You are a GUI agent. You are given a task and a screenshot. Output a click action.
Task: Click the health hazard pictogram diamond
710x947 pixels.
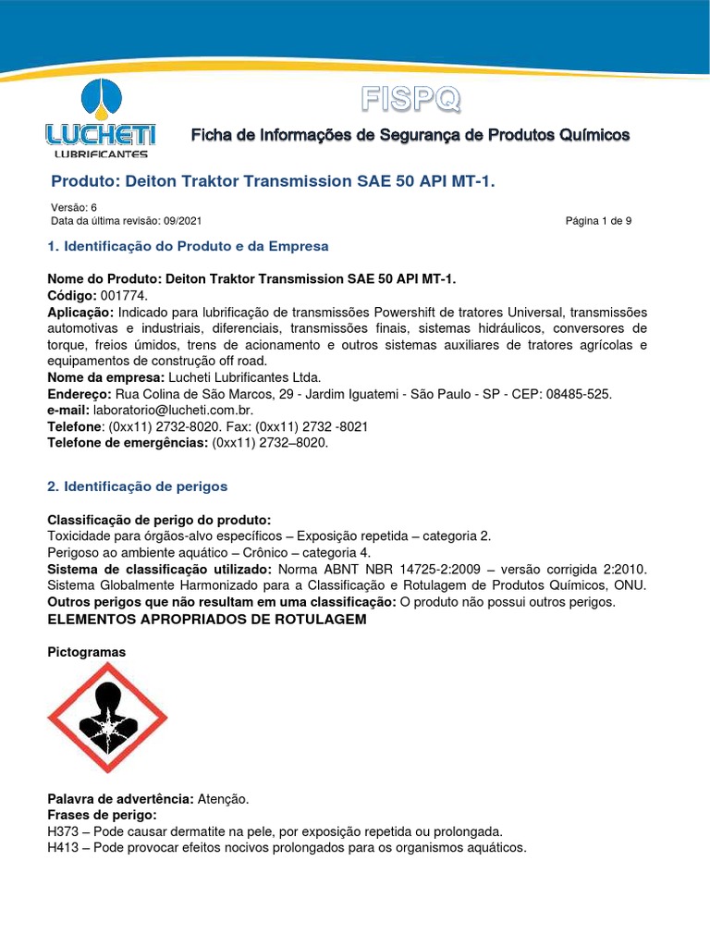pyautogui.click(x=107, y=718)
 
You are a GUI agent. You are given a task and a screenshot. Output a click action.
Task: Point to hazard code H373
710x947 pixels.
pyautogui.click(x=63, y=830)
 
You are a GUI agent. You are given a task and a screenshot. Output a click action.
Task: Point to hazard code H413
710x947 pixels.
pyautogui.click(x=63, y=846)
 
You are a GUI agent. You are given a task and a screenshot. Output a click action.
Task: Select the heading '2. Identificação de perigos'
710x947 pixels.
pyautogui.click(x=137, y=486)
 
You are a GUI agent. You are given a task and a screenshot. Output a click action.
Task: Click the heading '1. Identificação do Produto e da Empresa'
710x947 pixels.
pyautogui.click(x=188, y=246)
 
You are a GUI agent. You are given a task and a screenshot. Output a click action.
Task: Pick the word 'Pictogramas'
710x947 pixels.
pyautogui.click(x=86, y=652)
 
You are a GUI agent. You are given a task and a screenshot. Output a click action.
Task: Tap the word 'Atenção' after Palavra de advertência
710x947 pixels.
pyautogui.click(x=223, y=798)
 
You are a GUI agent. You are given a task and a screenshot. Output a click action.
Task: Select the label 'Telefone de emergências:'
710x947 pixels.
pyautogui.click(x=128, y=442)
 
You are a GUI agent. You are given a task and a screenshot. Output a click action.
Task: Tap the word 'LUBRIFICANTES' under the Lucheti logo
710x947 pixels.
pyautogui.click(x=101, y=154)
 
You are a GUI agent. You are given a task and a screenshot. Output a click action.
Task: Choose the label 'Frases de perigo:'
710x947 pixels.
pyautogui.click(x=102, y=814)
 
